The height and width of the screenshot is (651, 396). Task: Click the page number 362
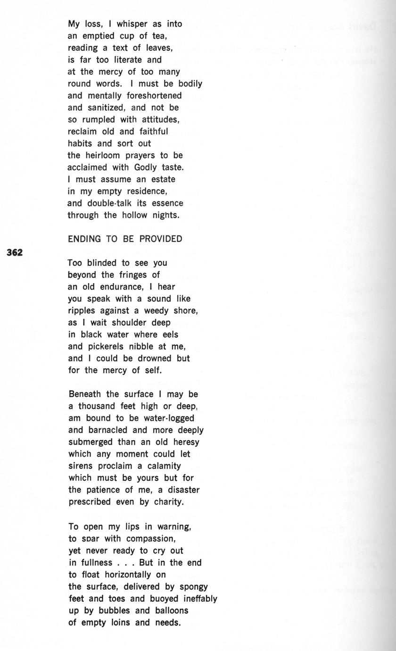15,252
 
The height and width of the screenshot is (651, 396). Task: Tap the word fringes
130,275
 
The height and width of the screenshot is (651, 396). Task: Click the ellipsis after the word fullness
126,562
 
